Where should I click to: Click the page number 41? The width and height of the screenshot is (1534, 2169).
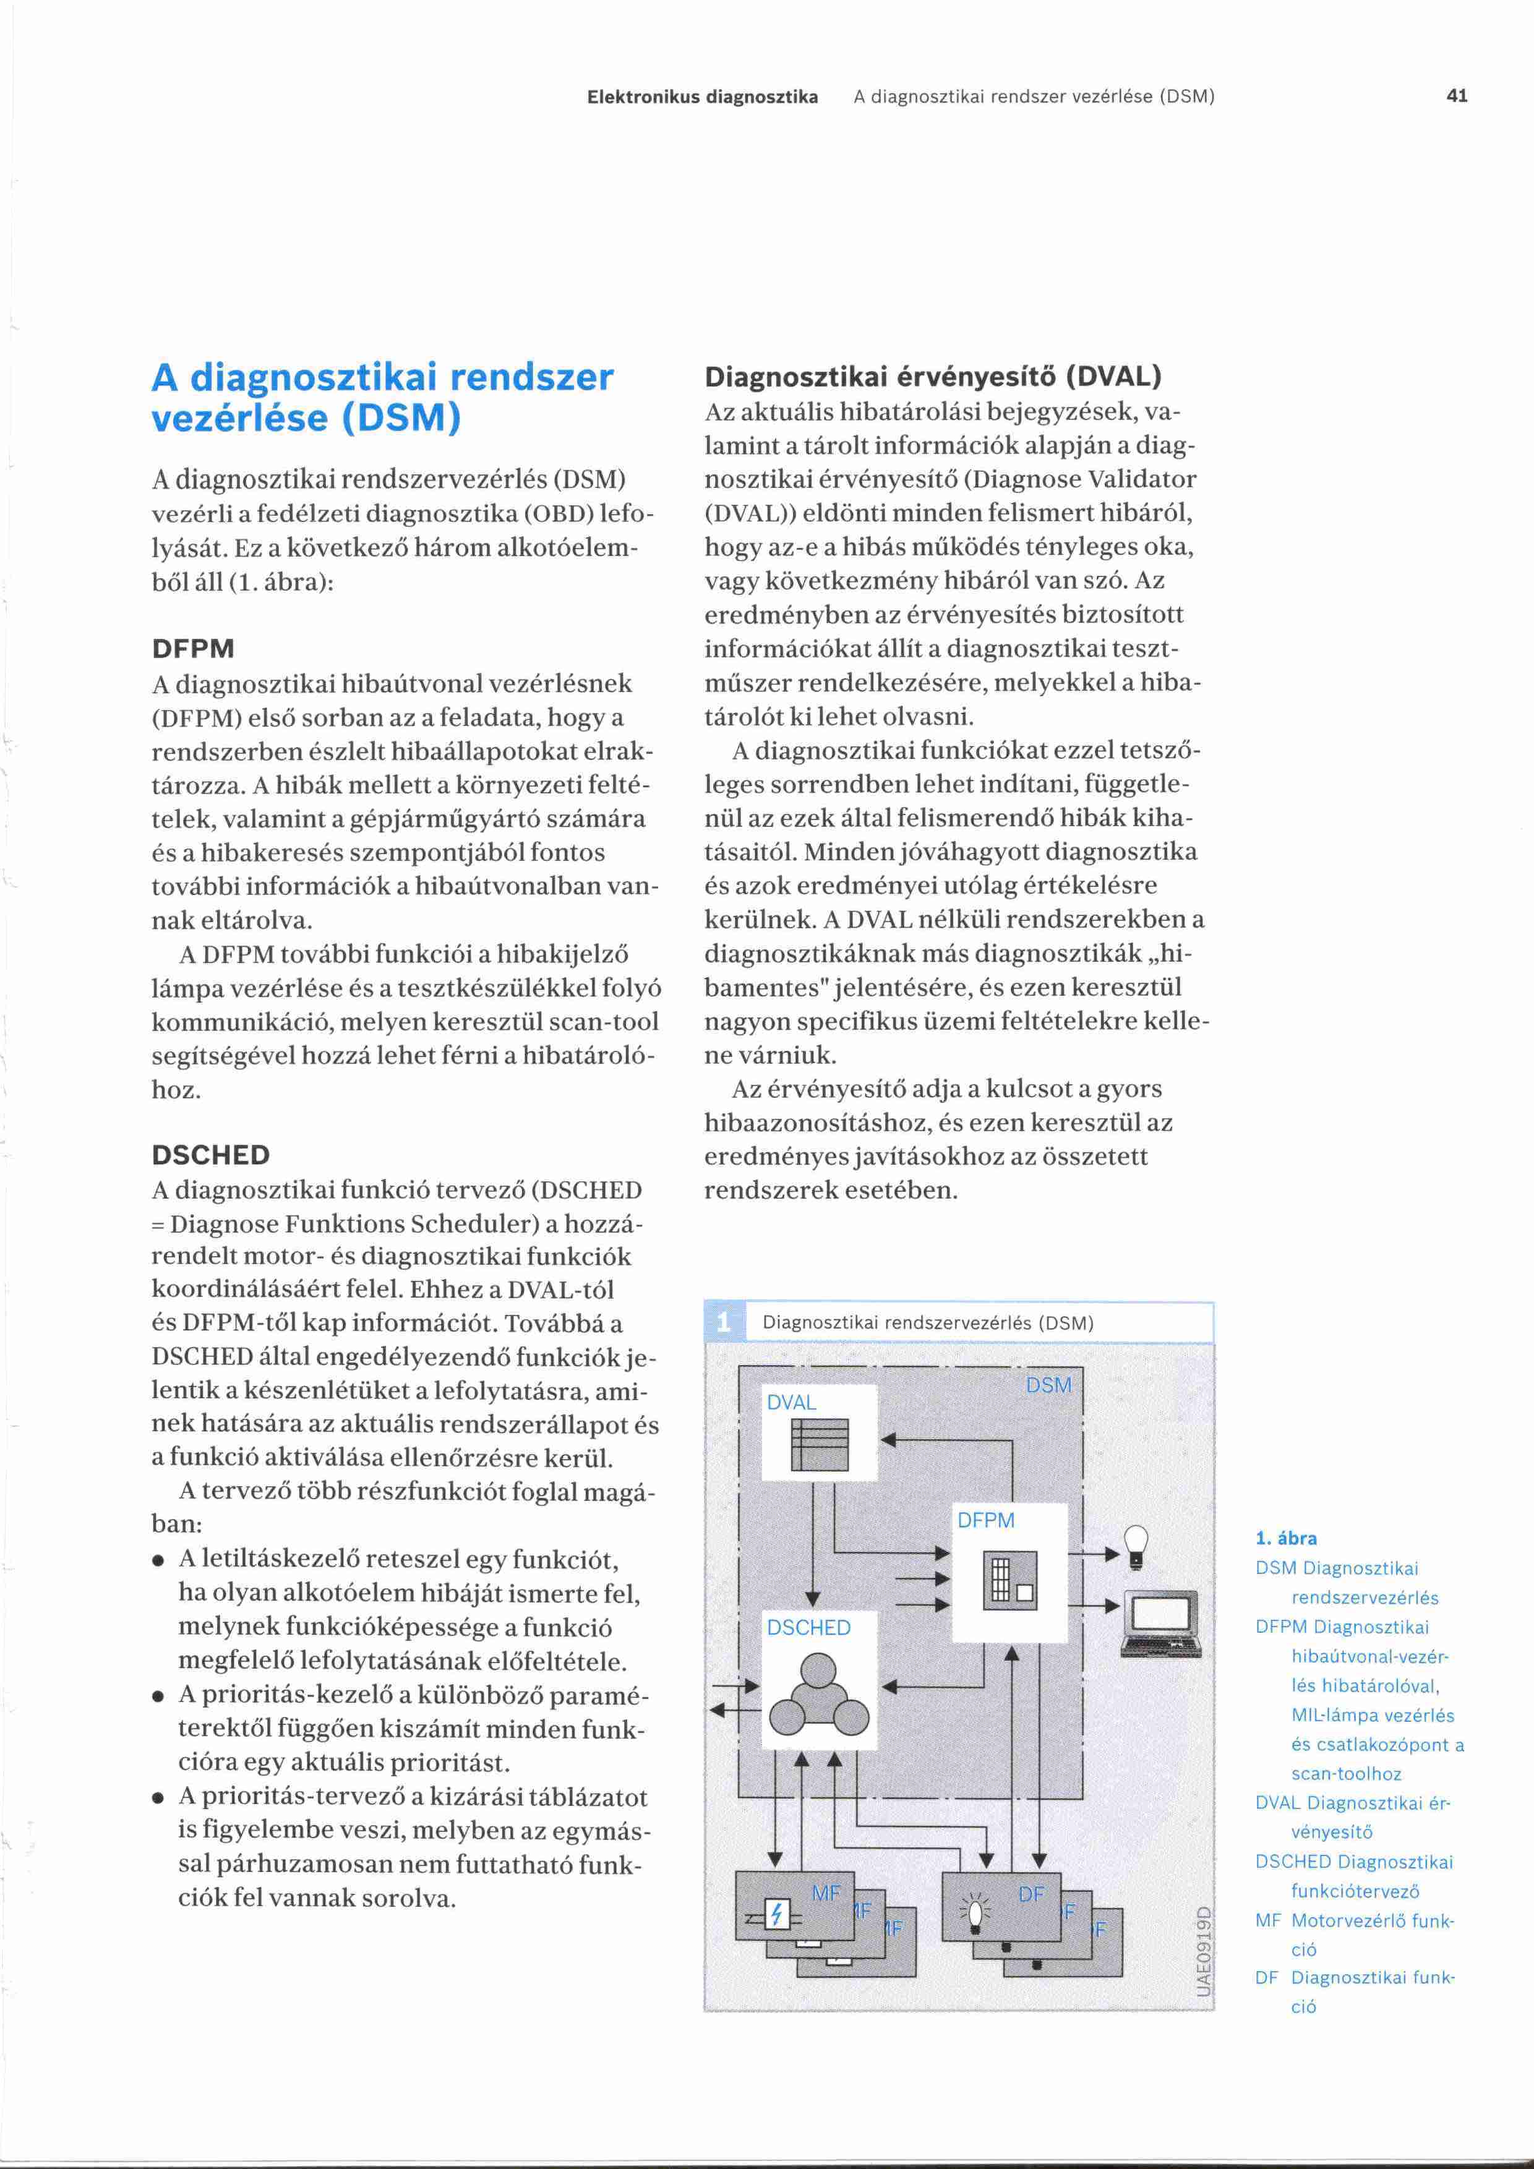1457,95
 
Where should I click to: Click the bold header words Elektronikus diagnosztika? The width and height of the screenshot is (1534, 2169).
703,96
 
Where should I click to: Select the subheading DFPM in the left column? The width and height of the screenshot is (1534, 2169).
193,649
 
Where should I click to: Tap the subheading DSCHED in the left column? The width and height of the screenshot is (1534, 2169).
211,1155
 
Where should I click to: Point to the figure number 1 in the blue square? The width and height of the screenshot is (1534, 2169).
724,1322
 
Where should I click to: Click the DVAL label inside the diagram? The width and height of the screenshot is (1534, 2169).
792,1403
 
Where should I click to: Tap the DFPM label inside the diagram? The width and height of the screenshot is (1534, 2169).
986,1520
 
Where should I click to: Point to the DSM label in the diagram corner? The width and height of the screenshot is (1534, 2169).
1048,1385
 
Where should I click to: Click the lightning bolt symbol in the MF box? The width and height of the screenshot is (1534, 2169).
776,1915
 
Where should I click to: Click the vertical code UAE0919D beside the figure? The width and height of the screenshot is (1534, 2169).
1204,1951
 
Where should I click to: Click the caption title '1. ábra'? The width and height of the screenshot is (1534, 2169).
1285,1538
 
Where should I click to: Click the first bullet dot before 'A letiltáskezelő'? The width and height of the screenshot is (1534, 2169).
160,1560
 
